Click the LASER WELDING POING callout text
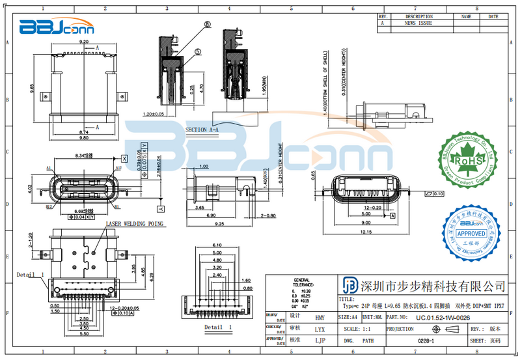135,223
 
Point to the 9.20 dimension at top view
83,41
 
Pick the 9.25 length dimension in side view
220,223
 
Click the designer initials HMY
320,318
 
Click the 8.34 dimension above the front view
81,156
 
